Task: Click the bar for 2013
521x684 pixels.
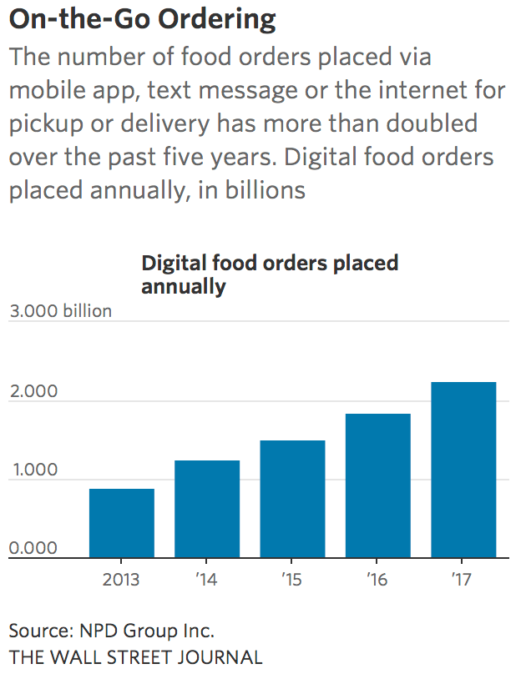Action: [x=122, y=523]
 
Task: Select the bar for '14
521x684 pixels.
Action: [x=207, y=509]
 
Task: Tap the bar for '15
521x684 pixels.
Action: [x=292, y=499]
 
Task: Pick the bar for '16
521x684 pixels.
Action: [x=378, y=485]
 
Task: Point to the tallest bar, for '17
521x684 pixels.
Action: [x=463, y=470]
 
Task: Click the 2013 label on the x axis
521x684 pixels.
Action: [x=122, y=579]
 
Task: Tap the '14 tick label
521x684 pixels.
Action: [x=206, y=579]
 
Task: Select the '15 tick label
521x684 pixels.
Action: [x=292, y=579]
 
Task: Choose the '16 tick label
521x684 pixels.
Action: [x=377, y=579]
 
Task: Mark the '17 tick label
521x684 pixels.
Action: [x=463, y=579]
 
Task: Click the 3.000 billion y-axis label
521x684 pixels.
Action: [x=60, y=311]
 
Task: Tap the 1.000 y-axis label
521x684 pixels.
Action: [x=33, y=470]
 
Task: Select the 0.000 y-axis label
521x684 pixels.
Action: [x=33, y=549]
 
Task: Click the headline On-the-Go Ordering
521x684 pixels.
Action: [x=143, y=18]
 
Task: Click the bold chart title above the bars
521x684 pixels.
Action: [x=270, y=274]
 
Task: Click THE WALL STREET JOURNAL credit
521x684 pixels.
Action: [x=135, y=657]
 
